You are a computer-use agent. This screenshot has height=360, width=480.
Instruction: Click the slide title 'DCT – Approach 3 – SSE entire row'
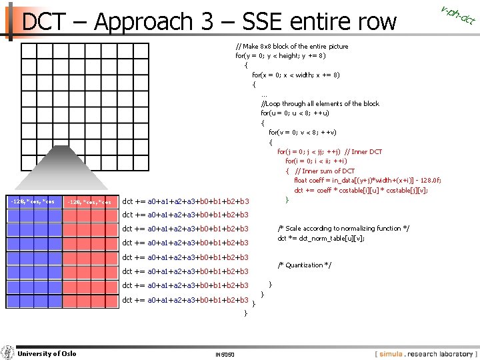209,22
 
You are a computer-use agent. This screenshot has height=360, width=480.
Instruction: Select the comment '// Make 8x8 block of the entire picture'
292,47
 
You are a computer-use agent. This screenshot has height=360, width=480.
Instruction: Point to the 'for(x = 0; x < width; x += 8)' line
296,75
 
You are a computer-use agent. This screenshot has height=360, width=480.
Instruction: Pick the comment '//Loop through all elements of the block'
320,103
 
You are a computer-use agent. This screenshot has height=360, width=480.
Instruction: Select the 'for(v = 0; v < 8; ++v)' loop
307,132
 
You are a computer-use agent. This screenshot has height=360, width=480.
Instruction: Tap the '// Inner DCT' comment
363,151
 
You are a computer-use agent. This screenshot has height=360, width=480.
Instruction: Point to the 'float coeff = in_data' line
367,180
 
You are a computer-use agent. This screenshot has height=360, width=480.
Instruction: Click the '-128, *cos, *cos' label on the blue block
33,201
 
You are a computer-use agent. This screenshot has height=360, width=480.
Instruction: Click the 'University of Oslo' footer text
46,353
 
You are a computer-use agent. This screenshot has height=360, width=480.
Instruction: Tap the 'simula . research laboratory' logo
425,353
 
